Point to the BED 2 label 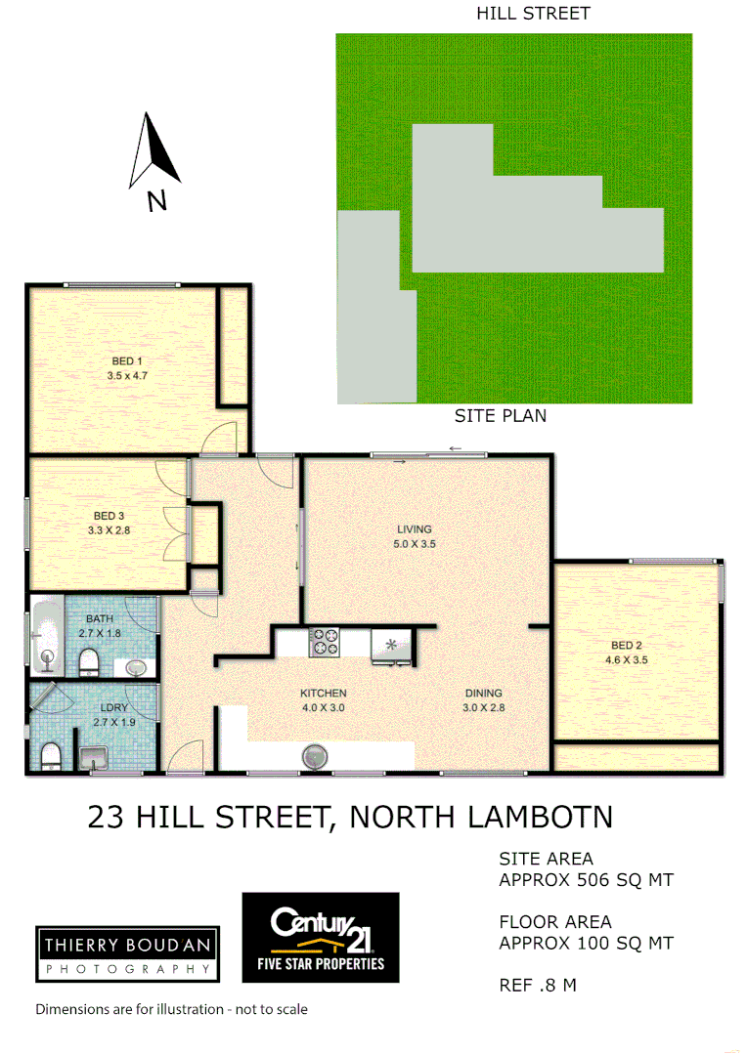[x=627, y=646]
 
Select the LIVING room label [x=415, y=529]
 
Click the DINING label [x=484, y=694]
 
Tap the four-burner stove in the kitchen [x=325, y=642]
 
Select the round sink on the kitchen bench [x=315, y=756]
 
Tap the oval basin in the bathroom [x=137, y=668]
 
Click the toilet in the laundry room [x=49, y=755]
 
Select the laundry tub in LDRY [x=93, y=756]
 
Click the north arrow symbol [x=154, y=156]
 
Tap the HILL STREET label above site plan [x=533, y=14]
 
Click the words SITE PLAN [x=500, y=415]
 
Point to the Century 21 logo [x=321, y=936]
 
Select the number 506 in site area [x=589, y=880]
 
